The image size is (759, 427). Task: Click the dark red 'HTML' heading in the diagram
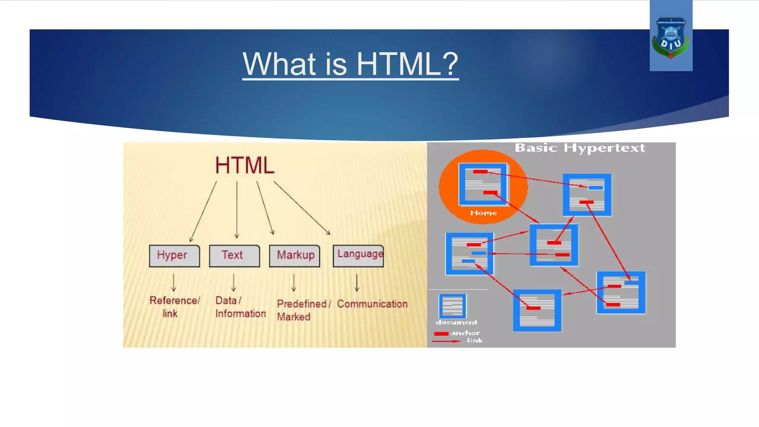(245, 165)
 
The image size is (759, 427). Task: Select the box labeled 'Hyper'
(174, 255)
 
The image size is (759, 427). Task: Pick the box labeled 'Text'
(234, 255)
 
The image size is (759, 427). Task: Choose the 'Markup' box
(295, 255)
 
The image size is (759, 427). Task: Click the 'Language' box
(358, 255)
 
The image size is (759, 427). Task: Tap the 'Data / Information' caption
(240, 307)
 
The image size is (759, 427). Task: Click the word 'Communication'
(372, 304)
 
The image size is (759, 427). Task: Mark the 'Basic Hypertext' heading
(580, 148)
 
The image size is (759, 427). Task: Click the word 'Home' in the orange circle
(483, 213)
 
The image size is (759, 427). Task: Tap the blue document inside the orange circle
(483, 184)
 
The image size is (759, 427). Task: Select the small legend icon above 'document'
(452, 306)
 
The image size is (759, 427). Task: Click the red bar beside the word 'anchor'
(441, 334)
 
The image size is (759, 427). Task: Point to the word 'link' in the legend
(474, 340)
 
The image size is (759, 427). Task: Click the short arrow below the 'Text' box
(233, 283)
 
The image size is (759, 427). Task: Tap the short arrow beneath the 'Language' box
(357, 283)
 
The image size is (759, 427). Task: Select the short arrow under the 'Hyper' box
(173, 283)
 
